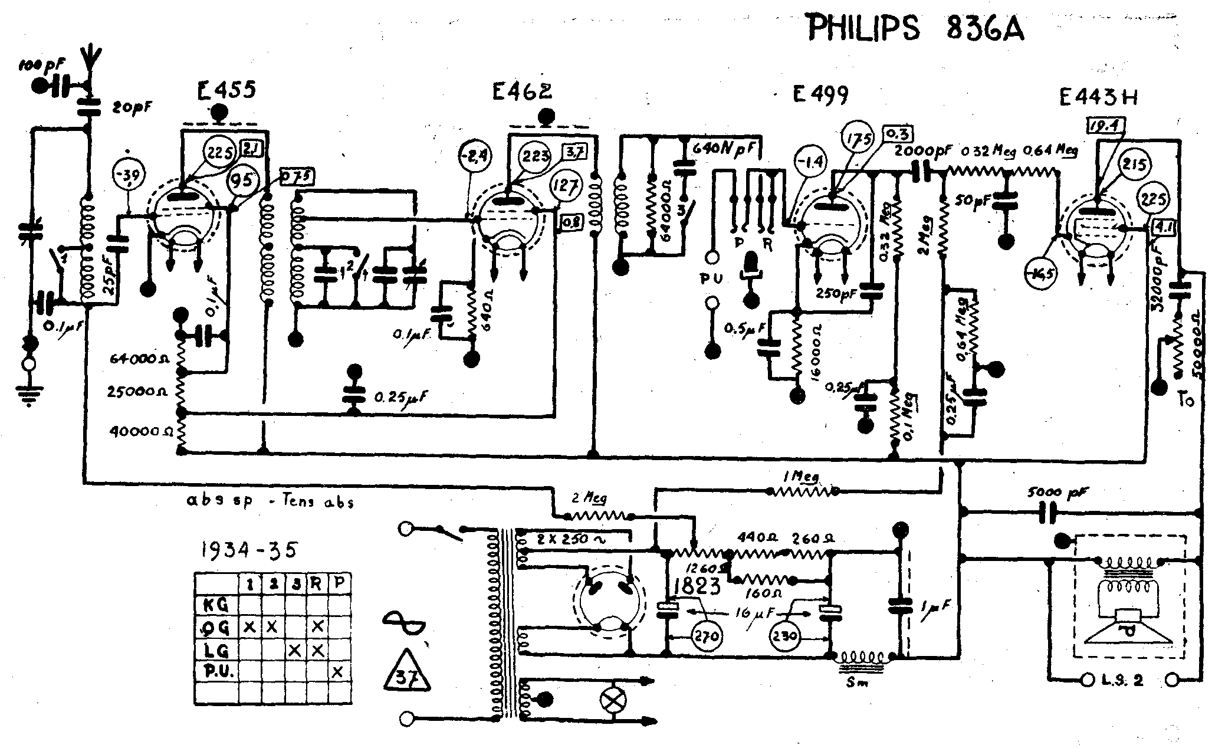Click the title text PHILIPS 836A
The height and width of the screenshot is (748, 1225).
915,29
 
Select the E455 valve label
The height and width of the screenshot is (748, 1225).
226,90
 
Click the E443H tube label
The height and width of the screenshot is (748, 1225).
1098,97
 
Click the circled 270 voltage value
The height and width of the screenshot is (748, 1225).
707,637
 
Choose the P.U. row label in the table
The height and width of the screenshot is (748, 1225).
216,672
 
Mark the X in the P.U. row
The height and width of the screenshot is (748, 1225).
337,672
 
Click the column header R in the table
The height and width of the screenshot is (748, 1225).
316,585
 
